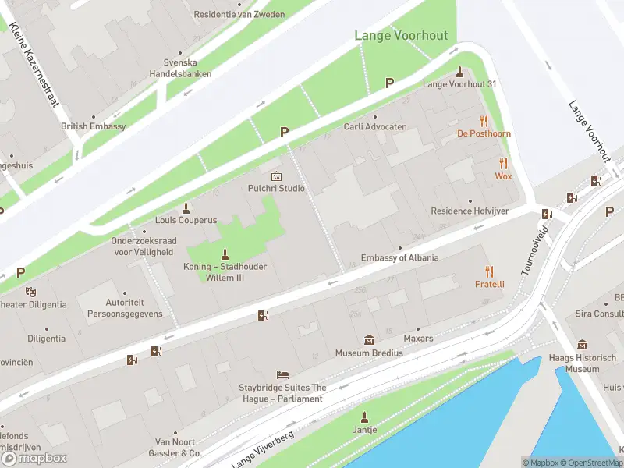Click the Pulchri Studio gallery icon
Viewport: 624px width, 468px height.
[275, 176]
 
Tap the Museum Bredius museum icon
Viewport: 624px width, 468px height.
[369, 340]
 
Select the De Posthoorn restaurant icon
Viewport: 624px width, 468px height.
[484, 121]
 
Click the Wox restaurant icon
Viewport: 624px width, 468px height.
[503, 163]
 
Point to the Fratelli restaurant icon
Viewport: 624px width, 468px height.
[490, 271]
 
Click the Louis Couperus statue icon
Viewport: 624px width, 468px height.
[186, 207]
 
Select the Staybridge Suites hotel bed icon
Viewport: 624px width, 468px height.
[282, 375]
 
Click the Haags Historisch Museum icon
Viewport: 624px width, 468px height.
[582, 345]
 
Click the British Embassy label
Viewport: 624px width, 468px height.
[94, 126]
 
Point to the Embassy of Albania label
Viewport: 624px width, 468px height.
[399, 258]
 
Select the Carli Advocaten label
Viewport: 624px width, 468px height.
[375, 127]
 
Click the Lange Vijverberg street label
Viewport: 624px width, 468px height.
[263, 449]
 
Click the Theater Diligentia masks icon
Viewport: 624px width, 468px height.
[31, 292]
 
